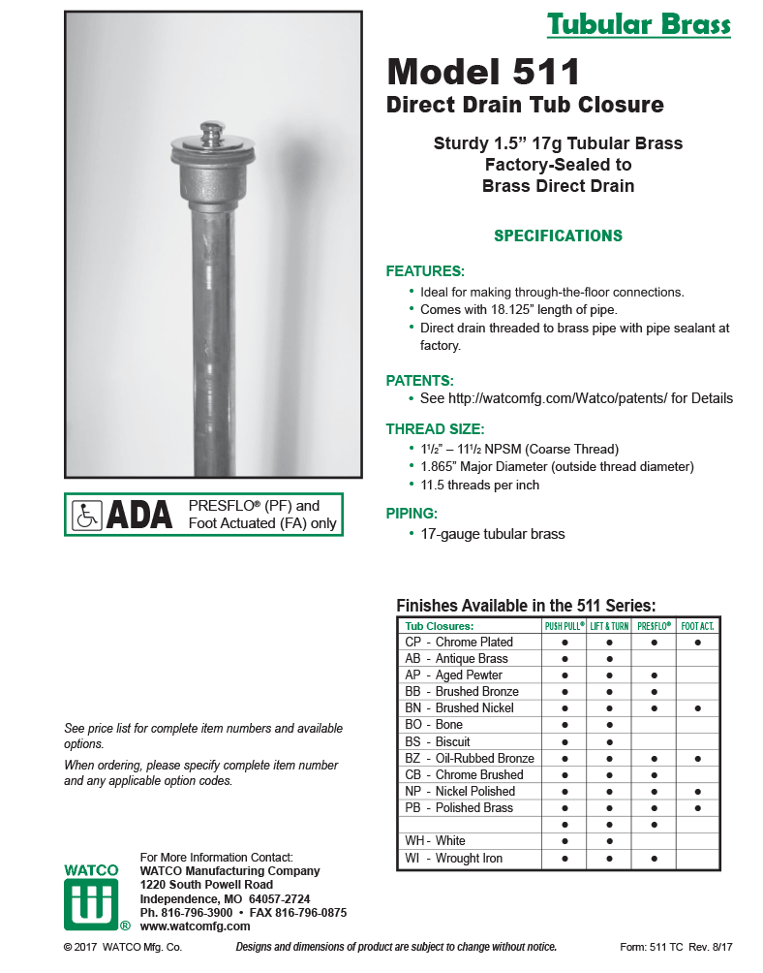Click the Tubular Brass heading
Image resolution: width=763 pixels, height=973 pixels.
click(x=638, y=24)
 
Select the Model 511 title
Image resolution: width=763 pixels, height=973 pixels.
click(x=483, y=72)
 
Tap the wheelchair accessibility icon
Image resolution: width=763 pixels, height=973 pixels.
click(x=87, y=516)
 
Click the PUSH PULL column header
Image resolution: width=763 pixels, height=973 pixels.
click(x=565, y=626)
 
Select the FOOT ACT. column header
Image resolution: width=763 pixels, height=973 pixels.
click(x=697, y=626)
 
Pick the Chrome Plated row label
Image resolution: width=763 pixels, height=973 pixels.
click(x=459, y=643)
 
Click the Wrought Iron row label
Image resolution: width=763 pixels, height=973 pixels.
click(x=454, y=859)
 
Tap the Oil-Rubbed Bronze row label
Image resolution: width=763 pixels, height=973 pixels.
click(x=470, y=758)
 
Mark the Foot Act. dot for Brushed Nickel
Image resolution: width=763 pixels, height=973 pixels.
click(x=697, y=708)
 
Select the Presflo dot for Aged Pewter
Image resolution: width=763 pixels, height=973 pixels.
click(x=655, y=675)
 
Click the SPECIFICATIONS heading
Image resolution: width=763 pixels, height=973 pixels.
click(x=558, y=235)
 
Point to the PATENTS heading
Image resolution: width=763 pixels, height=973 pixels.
click(x=419, y=380)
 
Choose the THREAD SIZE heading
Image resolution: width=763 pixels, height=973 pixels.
click(x=435, y=429)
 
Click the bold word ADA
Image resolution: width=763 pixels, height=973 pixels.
click(x=138, y=516)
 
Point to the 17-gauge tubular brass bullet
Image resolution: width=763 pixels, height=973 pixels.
click(x=492, y=534)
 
